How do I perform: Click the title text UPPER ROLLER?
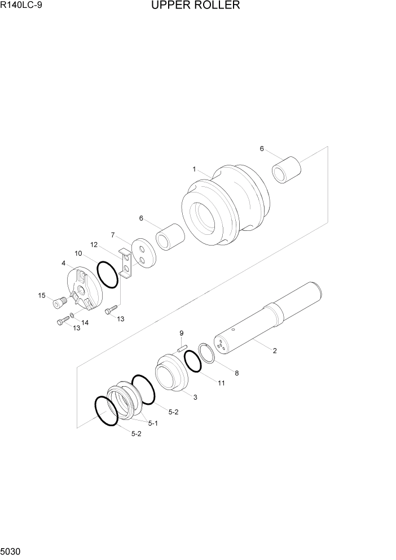pos(195,6)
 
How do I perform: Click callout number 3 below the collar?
pos(195,397)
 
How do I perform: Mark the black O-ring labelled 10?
pos(107,273)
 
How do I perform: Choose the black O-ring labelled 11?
pos(192,361)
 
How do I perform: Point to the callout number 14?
pos(85,322)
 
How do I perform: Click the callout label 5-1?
pos(153,423)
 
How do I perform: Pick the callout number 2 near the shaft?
pos(275,351)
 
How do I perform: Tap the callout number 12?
pos(94,244)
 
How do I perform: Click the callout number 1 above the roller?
pos(194,169)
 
